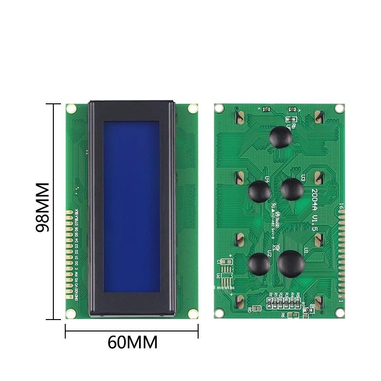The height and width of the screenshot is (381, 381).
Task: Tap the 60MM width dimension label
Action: coord(132,342)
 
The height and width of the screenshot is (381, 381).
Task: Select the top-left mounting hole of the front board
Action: coord(70,109)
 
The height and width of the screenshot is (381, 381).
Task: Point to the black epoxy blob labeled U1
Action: coord(291,263)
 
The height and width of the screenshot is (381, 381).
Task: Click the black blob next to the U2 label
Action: coord(260,263)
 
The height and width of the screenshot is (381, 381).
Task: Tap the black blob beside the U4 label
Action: coord(260,191)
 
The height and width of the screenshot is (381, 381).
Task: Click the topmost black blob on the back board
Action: coord(280,136)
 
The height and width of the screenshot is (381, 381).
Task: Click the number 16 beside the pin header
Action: coord(341,206)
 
